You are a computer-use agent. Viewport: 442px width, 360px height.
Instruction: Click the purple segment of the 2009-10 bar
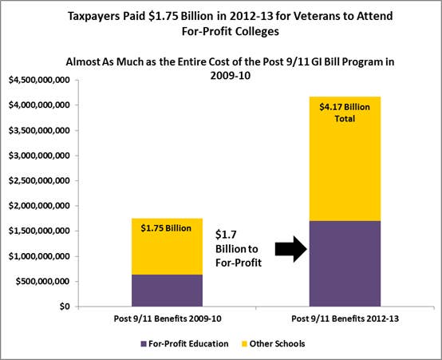[x=167, y=291]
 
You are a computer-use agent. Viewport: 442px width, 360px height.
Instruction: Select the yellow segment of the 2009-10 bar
[x=167, y=247]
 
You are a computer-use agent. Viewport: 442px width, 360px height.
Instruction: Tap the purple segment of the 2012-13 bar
[x=345, y=263]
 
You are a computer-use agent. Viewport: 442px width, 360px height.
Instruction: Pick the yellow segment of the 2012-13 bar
[x=345, y=159]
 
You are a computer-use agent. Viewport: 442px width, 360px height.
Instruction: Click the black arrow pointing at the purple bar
[x=291, y=249]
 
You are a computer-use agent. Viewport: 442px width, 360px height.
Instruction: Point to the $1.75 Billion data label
[x=166, y=228]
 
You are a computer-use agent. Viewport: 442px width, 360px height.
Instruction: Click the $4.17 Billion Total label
[x=345, y=113]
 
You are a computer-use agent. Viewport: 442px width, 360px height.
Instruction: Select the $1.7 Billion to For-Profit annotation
[x=239, y=249]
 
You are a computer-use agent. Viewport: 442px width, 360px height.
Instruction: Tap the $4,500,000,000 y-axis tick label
[x=39, y=80]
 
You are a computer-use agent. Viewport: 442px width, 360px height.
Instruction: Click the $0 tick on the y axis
[x=65, y=307]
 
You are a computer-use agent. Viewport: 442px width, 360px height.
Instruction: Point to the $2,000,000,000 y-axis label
[x=39, y=206]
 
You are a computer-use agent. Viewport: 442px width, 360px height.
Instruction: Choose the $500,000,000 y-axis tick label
[x=43, y=281]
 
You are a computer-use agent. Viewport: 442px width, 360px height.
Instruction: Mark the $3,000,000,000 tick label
[x=39, y=156]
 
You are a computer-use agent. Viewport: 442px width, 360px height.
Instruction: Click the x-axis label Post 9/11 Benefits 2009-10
[x=168, y=318]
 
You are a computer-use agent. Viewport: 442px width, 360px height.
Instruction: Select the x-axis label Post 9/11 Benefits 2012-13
[x=345, y=318]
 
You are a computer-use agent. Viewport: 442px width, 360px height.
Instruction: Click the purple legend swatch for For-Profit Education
[x=144, y=344]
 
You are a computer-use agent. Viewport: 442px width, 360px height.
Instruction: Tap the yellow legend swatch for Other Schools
[x=244, y=344]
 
